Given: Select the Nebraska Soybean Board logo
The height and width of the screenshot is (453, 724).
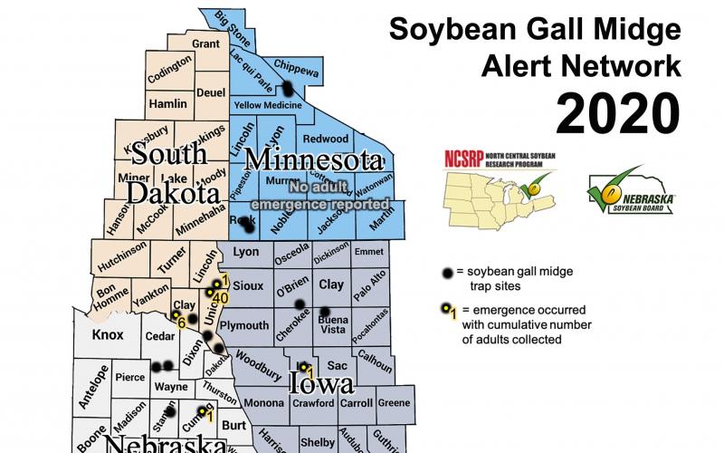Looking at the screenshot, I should coord(633,189).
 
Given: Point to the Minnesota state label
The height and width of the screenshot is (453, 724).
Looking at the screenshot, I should coord(312,160).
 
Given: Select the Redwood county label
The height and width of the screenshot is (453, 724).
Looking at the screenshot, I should coord(325,139).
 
